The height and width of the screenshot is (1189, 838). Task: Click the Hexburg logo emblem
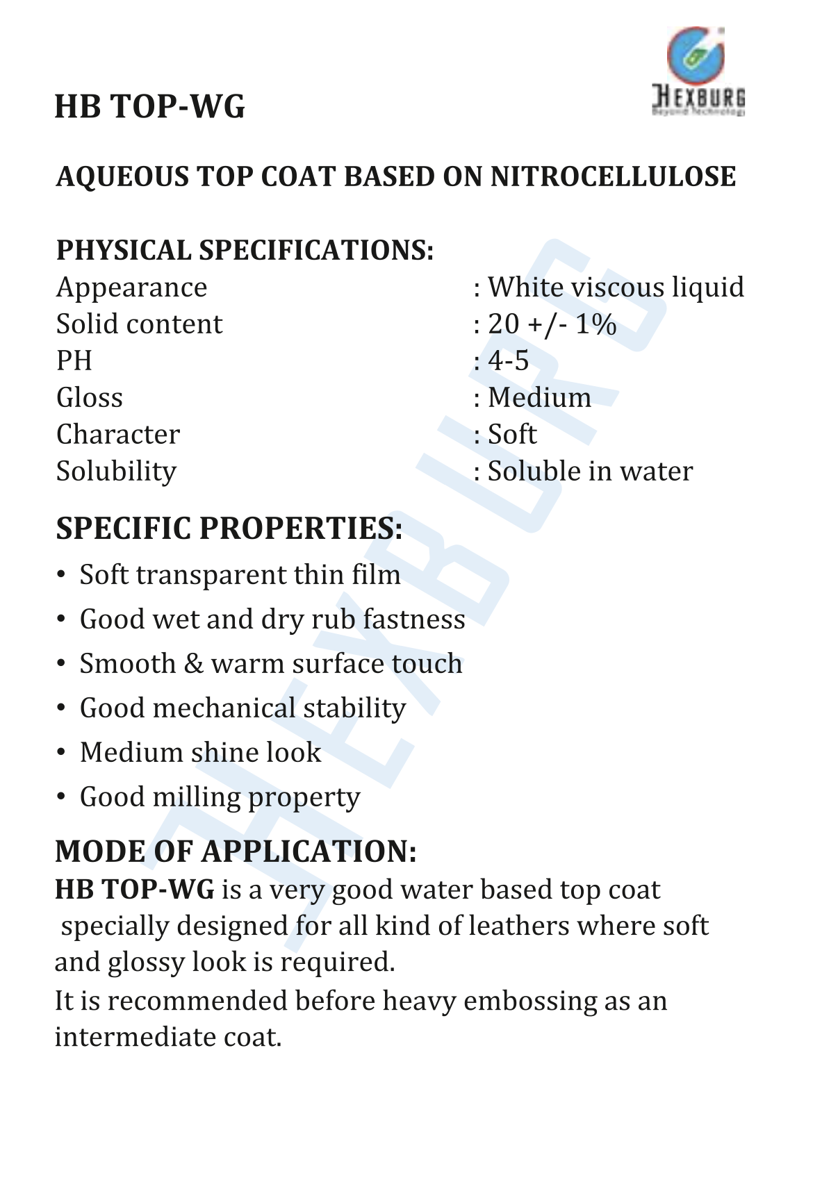point(696,56)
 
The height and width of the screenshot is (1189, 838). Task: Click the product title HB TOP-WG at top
point(149,107)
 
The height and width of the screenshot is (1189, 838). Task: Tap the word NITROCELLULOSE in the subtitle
point(613,177)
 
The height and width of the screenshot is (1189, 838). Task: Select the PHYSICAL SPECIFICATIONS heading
point(245,250)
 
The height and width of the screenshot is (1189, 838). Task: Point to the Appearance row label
point(131,288)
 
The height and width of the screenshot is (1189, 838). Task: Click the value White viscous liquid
point(616,288)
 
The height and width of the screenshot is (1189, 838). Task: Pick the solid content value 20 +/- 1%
point(552,324)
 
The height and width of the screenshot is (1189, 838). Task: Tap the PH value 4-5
point(508,361)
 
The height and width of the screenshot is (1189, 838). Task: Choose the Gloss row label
point(90,398)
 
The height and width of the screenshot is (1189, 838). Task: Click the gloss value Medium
point(539,398)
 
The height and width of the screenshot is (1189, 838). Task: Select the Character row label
point(118,435)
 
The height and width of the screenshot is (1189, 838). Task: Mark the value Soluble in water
point(590,472)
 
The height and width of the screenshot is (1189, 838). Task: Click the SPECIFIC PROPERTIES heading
point(229,529)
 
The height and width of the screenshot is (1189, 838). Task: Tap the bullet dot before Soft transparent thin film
point(62,576)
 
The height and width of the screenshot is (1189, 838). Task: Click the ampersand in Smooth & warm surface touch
point(194,665)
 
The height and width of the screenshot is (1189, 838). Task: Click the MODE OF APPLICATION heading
point(236,851)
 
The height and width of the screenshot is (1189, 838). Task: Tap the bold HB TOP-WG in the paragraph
point(135,890)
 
